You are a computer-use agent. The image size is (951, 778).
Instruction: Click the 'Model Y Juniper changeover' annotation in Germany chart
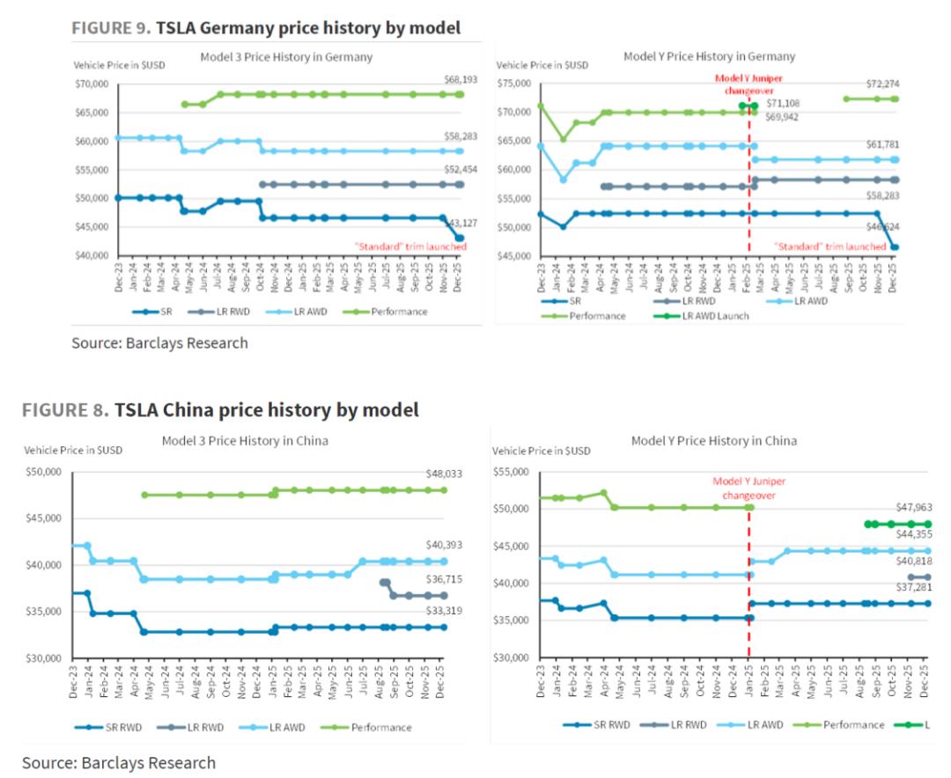(x=749, y=84)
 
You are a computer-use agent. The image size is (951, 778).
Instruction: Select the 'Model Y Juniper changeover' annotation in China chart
(x=749, y=488)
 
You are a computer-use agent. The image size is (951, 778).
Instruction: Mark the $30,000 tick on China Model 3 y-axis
(x=43, y=657)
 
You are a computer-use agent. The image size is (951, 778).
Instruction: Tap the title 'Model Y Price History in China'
(x=714, y=440)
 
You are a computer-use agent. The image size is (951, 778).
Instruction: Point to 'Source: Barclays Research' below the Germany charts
(x=159, y=343)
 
